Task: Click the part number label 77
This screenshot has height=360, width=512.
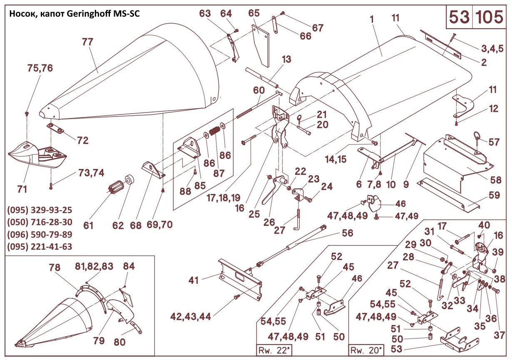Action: pos(87,42)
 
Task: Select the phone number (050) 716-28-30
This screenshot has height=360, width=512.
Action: pos(40,222)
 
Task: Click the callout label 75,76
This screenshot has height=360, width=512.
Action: pos(40,68)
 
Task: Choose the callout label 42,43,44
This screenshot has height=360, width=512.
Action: pos(190,316)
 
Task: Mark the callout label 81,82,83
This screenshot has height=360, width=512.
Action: pos(94,266)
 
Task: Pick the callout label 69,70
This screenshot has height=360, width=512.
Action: pos(159,225)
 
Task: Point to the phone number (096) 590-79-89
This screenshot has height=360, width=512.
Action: pos(40,234)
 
